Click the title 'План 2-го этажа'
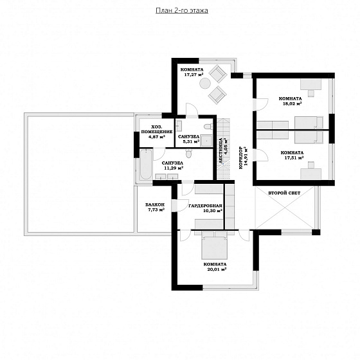[x=182, y=10]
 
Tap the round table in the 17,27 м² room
[x=205, y=84]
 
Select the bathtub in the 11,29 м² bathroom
[x=146, y=165]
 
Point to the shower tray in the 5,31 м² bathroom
[x=207, y=141]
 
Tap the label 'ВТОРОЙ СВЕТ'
[x=284, y=193]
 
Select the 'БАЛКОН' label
[x=155, y=204]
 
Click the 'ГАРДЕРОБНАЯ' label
[x=205, y=206]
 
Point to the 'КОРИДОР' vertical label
[x=241, y=157]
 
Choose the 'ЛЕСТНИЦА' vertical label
[x=221, y=151]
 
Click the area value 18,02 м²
[x=292, y=104]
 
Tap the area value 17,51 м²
[x=294, y=157]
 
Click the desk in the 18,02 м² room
[x=311, y=84]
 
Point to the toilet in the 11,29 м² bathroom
[x=189, y=154]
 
